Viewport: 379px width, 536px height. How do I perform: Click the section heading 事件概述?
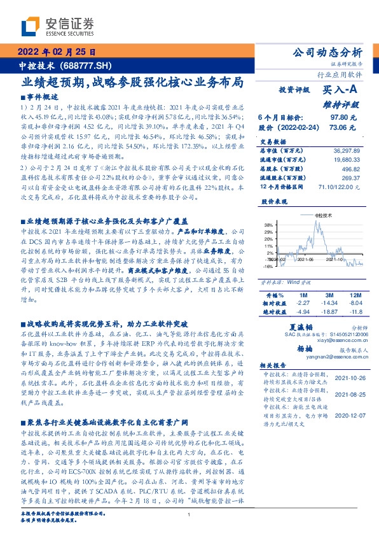pyautogui.click(x=42, y=97)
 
